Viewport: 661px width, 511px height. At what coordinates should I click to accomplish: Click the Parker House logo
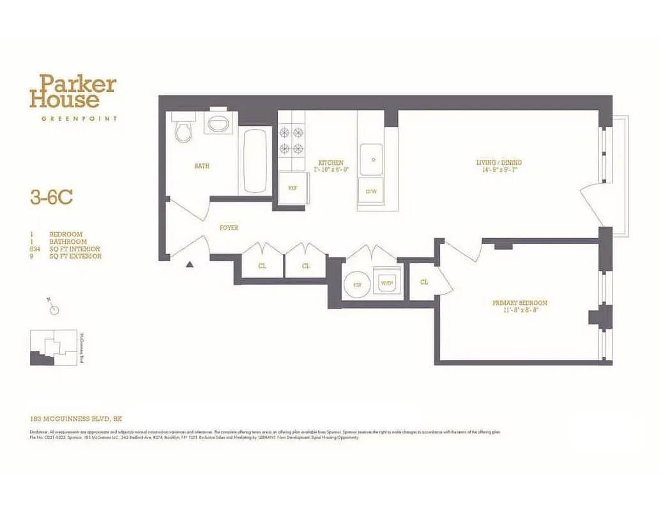(x=73, y=91)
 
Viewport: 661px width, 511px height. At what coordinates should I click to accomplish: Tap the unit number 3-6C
(x=51, y=197)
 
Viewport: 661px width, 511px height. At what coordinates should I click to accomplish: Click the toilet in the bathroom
(x=184, y=130)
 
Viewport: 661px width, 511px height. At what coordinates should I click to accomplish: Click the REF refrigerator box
(x=293, y=188)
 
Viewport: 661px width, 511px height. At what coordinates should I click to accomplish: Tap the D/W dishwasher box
(x=371, y=191)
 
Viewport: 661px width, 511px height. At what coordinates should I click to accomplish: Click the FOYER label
(x=229, y=228)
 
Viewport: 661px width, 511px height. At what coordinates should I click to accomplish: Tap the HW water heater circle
(x=356, y=283)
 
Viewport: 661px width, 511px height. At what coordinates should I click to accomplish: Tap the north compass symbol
(x=54, y=310)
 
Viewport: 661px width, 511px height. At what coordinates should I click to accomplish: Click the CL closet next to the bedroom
(x=423, y=281)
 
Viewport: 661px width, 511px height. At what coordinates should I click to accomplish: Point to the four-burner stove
(x=291, y=141)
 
